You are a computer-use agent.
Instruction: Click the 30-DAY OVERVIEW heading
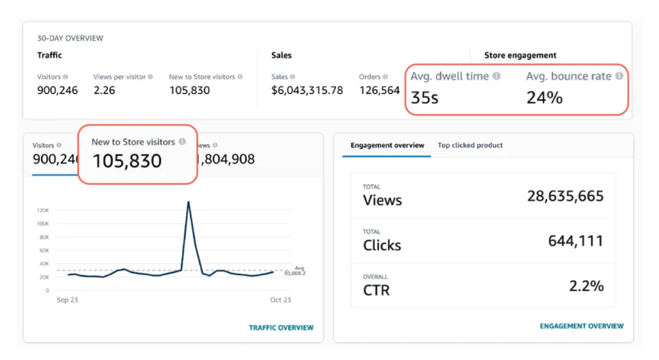pyautogui.click(x=70, y=38)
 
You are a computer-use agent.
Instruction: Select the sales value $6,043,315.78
pyautogui.click(x=307, y=90)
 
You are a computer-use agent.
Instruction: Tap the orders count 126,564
pyautogui.click(x=379, y=90)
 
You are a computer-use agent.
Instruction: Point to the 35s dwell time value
pyautogui.click(x=424, y=97)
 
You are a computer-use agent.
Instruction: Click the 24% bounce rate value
pyautogui.click(x=544, y=97)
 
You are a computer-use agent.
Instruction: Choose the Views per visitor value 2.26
pyautogui.click(x=105, y=90)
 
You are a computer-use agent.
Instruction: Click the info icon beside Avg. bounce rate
pyautogui.click(x=619, y=76)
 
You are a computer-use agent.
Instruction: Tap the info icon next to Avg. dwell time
pyautogui.click(x=497, y=76)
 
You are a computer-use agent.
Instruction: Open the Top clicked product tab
pyautogui.click(x=470, y=145)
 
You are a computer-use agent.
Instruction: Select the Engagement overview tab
pyautogui.click(x=387, y=145)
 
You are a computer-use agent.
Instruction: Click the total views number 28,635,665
pyautogui.click(x=565, y=196)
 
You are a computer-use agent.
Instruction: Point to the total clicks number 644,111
pyautogui.click(x=575, y=241)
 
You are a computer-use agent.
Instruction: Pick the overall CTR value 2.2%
pyautogui.click(x=585, y=286)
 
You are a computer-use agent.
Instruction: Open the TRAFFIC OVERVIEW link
pyautogui.click(x=281, y=328)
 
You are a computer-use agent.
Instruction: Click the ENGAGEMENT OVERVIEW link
pyautogui.click(x=582, y=326)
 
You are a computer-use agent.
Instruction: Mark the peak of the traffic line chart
pyautogui.click(x=189, y=202)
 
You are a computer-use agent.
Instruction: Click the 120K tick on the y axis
pyautogui.click(x=43, y=210)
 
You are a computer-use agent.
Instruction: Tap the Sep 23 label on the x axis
pyautogui.click(x=67, y=300)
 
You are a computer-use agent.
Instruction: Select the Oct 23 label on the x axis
pyautogui.click(x=281, y=300)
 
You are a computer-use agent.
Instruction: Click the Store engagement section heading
pyautogui.click(x=520, y=55)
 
